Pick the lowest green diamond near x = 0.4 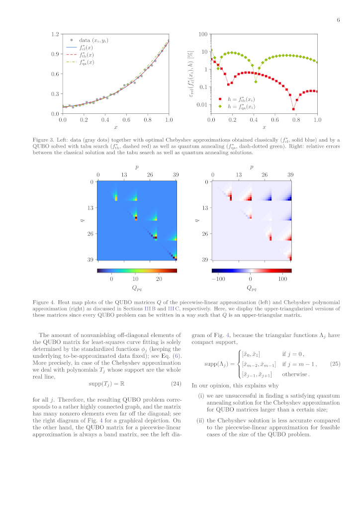256,81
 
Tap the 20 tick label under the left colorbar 160,279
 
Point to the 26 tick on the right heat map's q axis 204,234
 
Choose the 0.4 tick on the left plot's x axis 105,120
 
